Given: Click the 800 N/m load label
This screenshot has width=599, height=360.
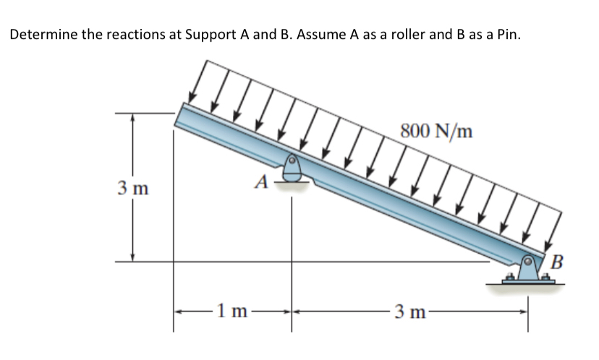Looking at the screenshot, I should click(x=436, y=131).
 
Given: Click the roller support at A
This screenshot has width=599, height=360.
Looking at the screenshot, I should click(x=292, y=168).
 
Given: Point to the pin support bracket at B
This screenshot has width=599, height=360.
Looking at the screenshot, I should click(x=530, y=268).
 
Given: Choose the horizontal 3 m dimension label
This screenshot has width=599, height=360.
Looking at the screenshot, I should click(x=409, y=313).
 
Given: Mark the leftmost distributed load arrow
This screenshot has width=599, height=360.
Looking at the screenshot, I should click(x=197, y=81).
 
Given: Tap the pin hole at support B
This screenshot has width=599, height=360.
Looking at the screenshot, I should click(x=531, y=260).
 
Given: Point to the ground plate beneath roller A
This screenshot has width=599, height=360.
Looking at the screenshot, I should click(x=292, y=184).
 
